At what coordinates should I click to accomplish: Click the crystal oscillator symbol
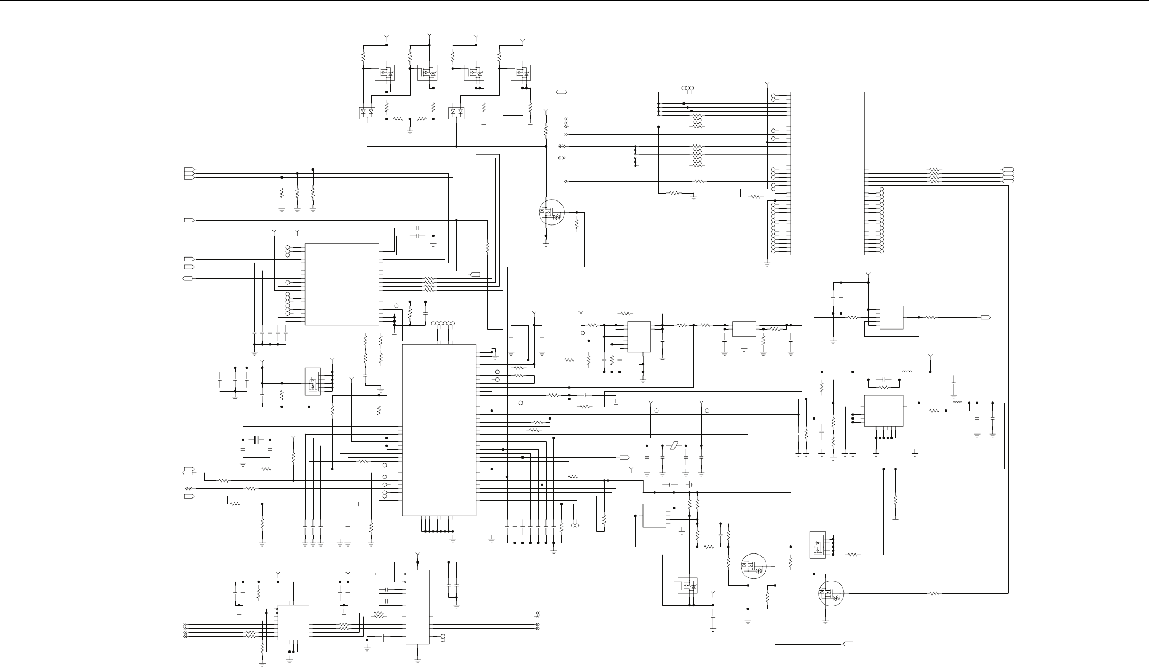coord(256,440)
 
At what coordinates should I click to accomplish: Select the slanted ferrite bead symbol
coord(674,446)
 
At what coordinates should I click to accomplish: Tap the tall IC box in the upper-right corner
coord(827,173)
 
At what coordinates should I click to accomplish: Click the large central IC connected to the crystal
coord(439,430)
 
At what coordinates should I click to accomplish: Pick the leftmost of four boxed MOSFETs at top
coord(384,73)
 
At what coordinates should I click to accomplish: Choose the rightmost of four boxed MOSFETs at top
coord(521,73)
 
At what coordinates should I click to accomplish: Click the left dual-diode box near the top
coord(367,113)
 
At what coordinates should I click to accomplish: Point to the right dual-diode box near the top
coord(457,113)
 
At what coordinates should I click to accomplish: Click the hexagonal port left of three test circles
coord(561,92)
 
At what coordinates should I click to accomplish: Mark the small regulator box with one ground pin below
coord(744,328)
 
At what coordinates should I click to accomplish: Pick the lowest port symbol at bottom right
coord(848,644)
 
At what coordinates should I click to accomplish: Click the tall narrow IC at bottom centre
coord(417,607)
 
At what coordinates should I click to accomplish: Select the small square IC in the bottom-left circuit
coord(293,622)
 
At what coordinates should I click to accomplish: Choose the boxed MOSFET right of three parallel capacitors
coord(312,381)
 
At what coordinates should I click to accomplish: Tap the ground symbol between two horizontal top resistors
coord(409,130)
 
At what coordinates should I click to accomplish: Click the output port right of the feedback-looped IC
coord(986,317)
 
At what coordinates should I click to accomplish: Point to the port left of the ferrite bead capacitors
coord(624,457)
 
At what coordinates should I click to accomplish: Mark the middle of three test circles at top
coord(688,88)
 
